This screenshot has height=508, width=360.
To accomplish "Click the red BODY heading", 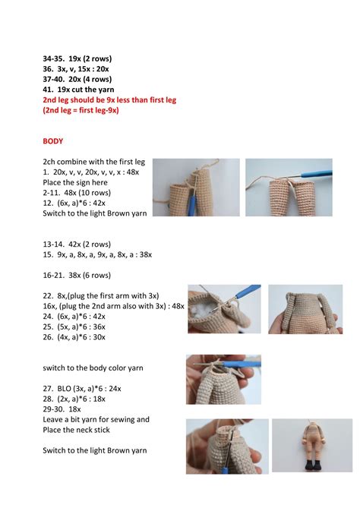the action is pyautogui.click(x=53, y=141).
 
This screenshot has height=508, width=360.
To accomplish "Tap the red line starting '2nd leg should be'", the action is pyautogui.click(x=109, y=99).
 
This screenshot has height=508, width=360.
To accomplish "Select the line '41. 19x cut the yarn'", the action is pyautogui.click(x=78, y=90).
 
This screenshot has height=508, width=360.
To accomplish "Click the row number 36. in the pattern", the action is pyautogui.click(x=48, y=69).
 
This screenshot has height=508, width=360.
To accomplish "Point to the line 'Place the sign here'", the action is pyautogui.click(x=75, y=182).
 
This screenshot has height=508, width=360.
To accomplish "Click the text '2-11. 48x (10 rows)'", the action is pyautogui.click(x=77, y=193).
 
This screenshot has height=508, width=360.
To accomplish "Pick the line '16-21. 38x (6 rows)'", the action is pyautogui.click(x=77, y=276).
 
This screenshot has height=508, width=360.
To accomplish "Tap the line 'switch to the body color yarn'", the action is pyautogui.click(x=93, y=368).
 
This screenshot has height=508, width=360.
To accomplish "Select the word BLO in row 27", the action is pyautogui.click(x=64, y=389).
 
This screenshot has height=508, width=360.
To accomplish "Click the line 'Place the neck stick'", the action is pyautogui.click(x=76, y=430).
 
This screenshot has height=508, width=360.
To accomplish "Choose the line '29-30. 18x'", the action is pyautogui.click(x=62, y=409).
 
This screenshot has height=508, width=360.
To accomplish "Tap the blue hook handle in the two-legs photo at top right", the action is pyautogui.click(x=316, y=174).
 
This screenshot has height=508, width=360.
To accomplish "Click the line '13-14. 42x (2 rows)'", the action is pyautogui.click(x=77, y=245).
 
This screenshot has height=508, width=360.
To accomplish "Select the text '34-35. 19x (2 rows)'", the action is pyautogui.click(x=77, y=58).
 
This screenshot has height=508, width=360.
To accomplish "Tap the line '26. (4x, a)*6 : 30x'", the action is pyautogui.click(x=74, y=337).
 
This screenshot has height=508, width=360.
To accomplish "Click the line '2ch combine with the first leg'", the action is pyautogui.click(x=94, y=162).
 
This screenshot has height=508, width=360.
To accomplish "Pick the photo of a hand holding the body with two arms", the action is pyautogui.click(x=305, y=309).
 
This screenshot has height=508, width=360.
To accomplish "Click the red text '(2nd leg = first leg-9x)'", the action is pyautogui.click(x=81, y=110).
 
